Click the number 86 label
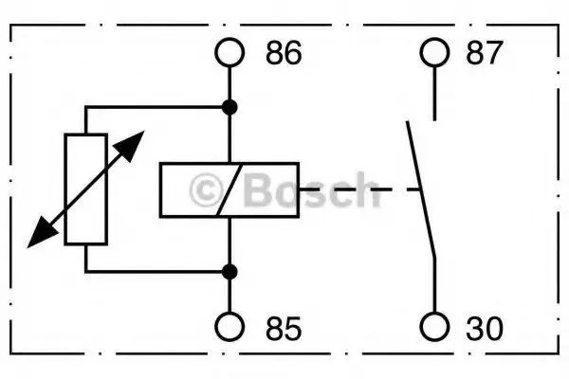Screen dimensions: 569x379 coord(284,53)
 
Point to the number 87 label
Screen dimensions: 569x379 coord(484,53)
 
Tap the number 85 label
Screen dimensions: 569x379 coord(284,329)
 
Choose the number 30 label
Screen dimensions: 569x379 coord(485,329)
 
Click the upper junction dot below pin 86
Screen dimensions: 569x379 coord(229,107)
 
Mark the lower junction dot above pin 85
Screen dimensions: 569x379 coord(229,272)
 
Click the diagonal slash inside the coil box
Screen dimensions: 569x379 coord(229,190)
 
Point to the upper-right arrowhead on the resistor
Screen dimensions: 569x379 coord(130,145)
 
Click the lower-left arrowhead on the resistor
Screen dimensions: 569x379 coord(42,233)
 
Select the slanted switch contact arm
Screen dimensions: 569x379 coord(421,189)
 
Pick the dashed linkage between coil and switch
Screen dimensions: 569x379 coord(359,189)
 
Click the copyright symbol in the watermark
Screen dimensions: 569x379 coord(207,190)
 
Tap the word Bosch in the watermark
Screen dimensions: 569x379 coord(311,189)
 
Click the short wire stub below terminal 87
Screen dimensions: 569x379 coord(434,94)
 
